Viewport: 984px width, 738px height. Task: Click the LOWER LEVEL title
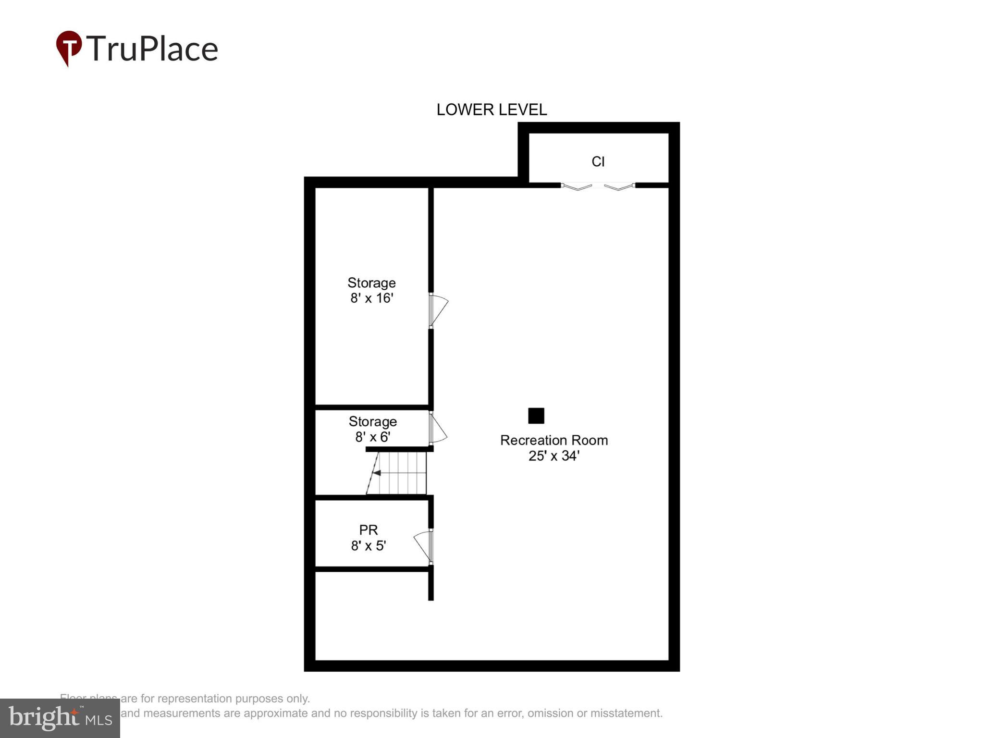tap(492, 110)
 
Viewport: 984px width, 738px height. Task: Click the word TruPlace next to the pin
tap(152, 49)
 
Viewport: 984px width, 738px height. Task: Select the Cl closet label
tap(598, 161)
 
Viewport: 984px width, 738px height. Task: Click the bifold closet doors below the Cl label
tap(598, 186)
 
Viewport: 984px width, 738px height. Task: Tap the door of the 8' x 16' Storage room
tap(438, 310)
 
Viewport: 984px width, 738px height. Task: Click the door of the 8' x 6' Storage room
tap(437, 429)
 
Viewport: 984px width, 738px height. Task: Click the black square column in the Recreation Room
tap(536, 416)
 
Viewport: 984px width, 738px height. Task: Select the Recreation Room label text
tap(553, 440)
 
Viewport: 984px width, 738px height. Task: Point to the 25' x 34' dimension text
tap(553, 456)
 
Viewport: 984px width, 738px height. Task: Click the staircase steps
tap(401, 473)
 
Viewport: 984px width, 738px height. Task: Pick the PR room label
tap(369, 530)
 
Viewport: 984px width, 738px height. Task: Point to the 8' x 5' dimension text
tap(369, 546)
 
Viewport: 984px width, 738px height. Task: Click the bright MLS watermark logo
tap(60, 718)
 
